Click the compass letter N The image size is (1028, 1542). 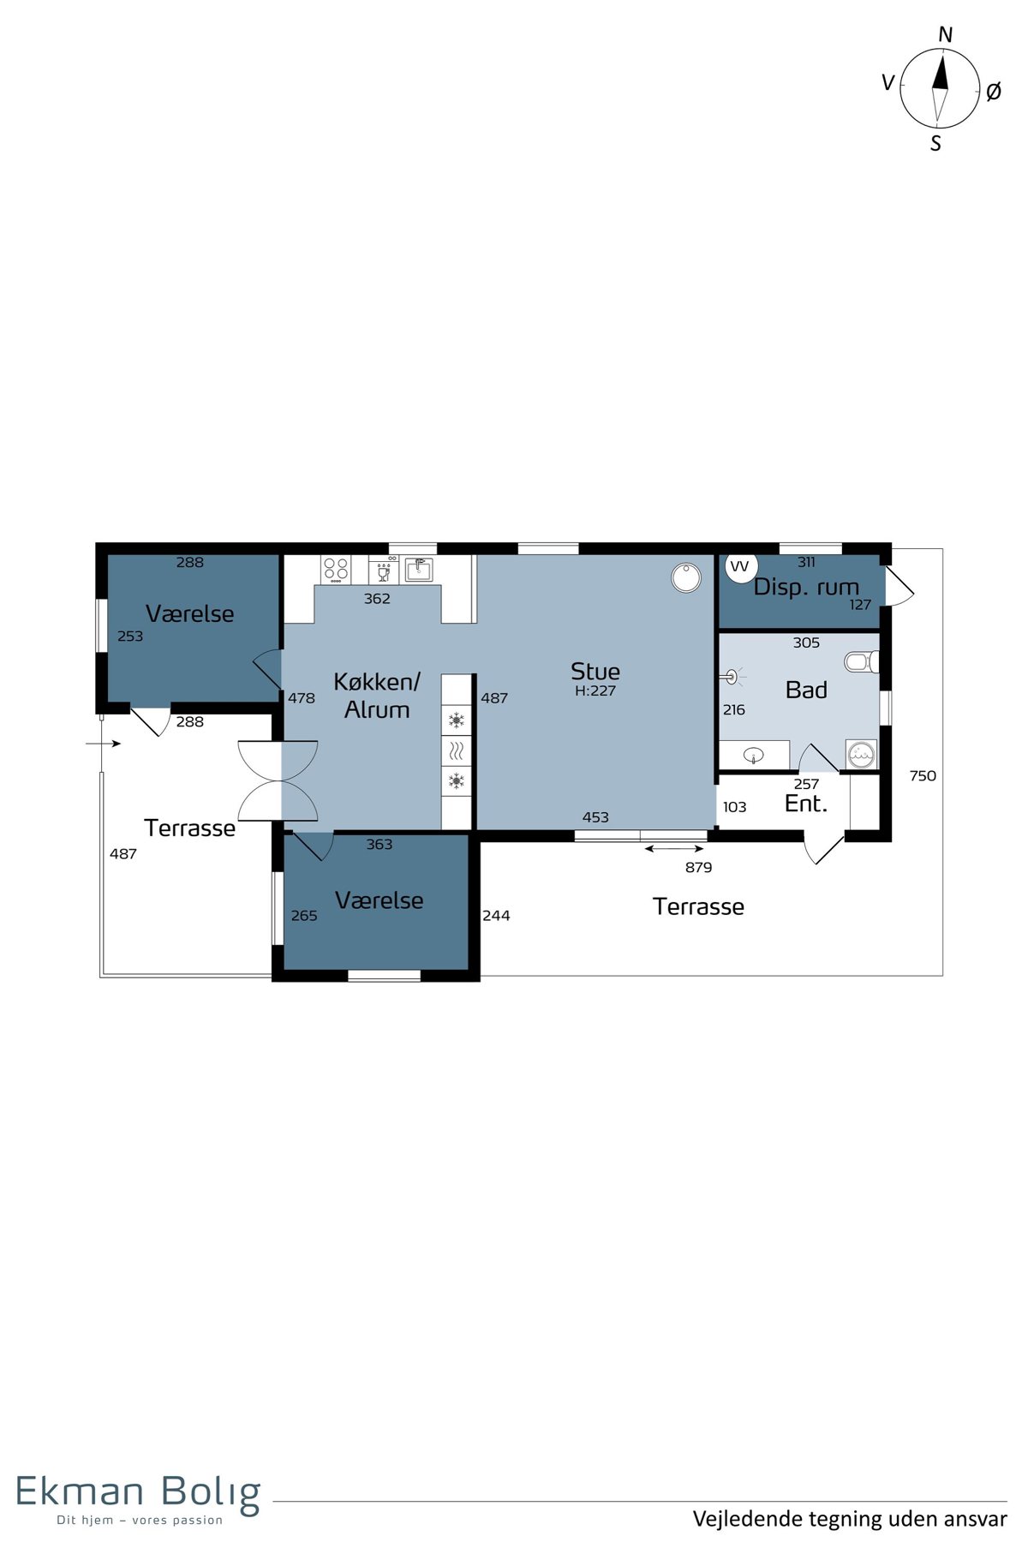point(945,34)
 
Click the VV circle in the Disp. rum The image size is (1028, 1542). point(739,566)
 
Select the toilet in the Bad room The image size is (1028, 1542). point(861,661)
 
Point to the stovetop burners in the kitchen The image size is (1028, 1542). point(336,569)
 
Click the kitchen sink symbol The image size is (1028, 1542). point(419,569)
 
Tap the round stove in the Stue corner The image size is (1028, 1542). point(686,577)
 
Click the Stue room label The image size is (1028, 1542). point(595,671)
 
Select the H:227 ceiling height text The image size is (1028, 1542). point(595,690)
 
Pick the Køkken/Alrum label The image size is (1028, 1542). point(377,696)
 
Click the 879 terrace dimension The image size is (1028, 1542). point(698,867)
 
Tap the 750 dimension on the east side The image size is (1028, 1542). point(923,775)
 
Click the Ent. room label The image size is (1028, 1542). point(806,804)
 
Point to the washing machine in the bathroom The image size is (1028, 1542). point(861,754)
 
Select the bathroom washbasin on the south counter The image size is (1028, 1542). point(754,755)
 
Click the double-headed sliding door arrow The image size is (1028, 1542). point(674,849)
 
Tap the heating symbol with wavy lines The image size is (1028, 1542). point(457,751)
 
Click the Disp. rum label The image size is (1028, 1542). point(806,588)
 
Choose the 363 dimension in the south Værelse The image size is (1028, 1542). point(380,844)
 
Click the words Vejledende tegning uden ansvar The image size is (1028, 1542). point(850,1519)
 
